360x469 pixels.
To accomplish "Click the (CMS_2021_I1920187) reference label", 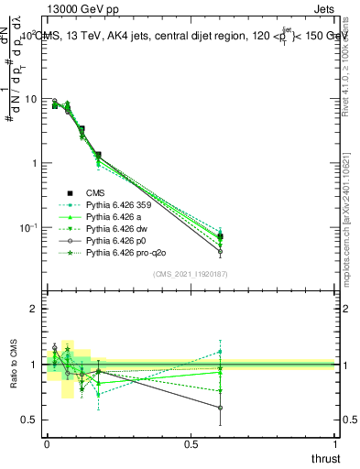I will pos(191,272).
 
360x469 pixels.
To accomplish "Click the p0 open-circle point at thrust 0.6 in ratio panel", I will pos(221,408).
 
